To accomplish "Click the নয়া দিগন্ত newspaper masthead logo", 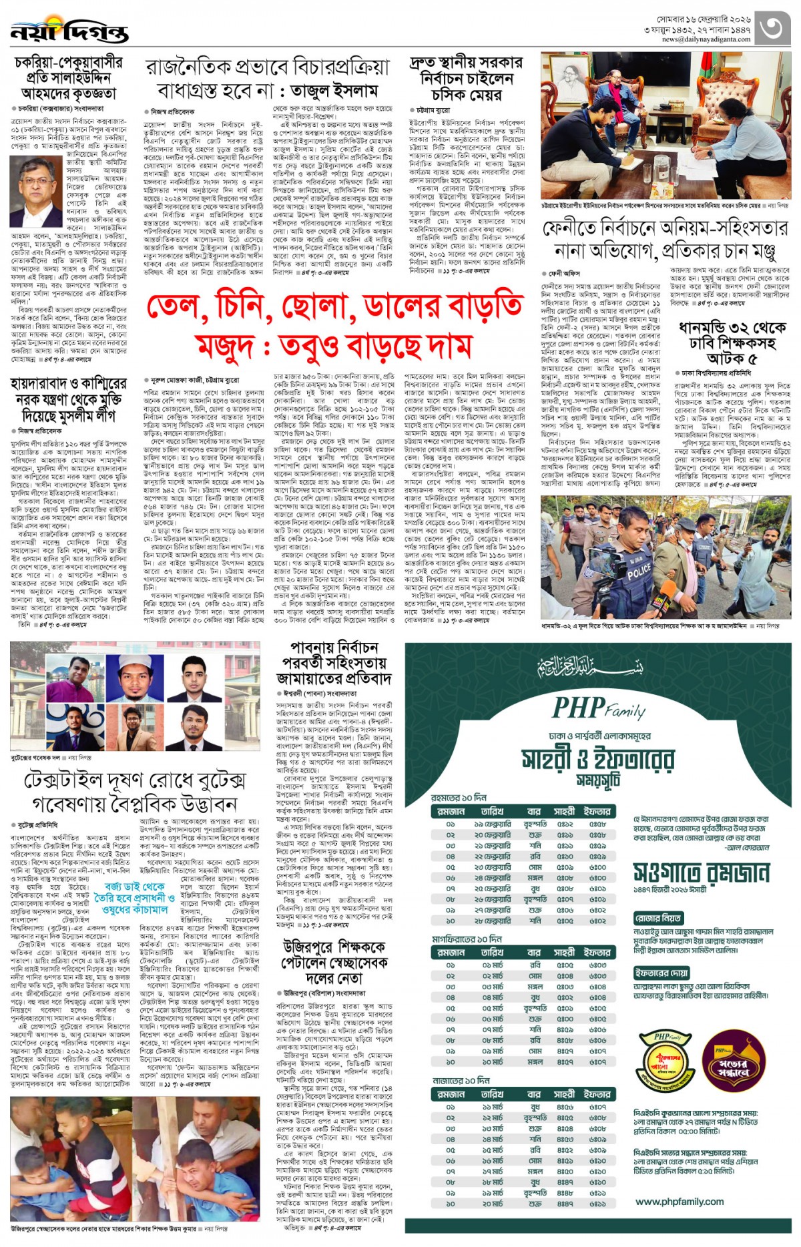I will [69, 31].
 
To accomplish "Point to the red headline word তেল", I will [174, 308].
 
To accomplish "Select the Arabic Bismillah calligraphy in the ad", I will [591, 666].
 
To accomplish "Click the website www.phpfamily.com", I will [680, 1202].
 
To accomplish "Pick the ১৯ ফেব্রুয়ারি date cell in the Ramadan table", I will [492, 824].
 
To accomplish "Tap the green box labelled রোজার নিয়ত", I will [658, 919].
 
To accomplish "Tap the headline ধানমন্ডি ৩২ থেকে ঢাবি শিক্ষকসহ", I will [732, 335].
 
